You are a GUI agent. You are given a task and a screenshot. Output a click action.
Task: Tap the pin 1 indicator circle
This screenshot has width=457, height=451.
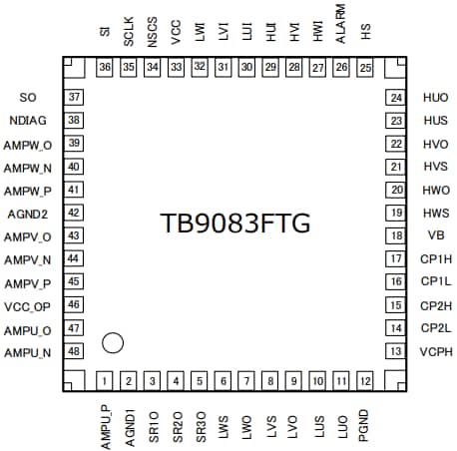[x=113, y=343]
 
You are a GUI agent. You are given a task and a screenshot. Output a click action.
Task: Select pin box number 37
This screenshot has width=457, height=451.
[x=75, y=98]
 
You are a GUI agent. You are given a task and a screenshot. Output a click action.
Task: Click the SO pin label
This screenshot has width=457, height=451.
[x=28, y=98]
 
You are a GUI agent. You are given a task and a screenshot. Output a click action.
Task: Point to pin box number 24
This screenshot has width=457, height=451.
[x=396, y=98]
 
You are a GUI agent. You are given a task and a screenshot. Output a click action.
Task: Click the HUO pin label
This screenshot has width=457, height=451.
[x=435, y=98]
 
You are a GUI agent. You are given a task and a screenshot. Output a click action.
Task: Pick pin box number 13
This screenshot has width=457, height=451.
[x=396, y=352]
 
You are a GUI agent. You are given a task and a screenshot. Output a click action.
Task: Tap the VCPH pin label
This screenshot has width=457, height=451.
[x=435, y=352]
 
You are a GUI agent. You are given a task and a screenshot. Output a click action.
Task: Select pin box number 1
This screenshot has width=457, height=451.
[x=105, y=381]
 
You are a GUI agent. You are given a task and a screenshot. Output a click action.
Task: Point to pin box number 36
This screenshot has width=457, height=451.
[x=105, y=67]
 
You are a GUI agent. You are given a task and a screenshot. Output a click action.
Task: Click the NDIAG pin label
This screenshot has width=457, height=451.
[x=28, y=121]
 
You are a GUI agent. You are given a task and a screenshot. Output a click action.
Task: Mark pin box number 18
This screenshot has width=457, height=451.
[x=396, y=236]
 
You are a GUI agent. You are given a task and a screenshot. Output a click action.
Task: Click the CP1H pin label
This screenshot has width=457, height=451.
[x=435, y=259]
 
